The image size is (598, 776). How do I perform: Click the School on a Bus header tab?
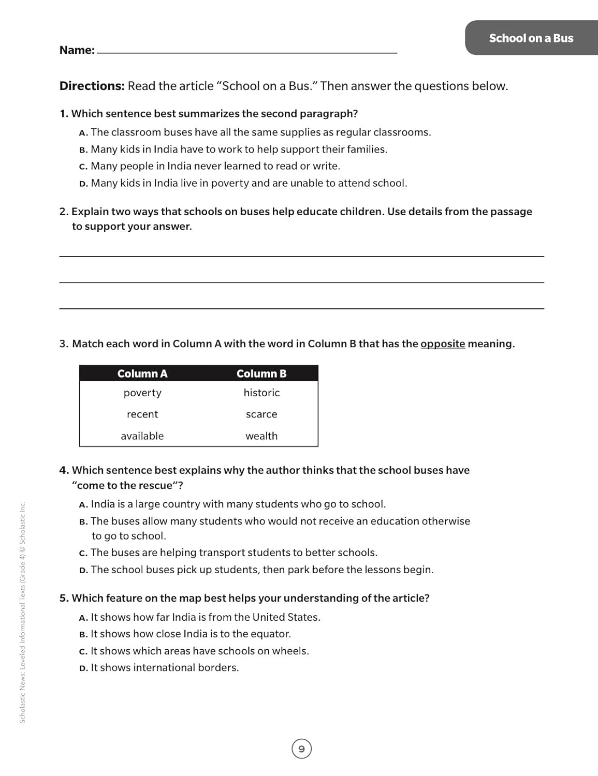coord(531,38)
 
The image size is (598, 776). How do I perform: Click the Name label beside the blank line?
coord(77,50)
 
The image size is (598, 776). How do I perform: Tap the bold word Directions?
coord(92,86)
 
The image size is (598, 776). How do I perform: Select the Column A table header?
coord(142,374)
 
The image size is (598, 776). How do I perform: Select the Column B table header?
coord(261,374)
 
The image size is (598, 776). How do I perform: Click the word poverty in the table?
coord(142,393)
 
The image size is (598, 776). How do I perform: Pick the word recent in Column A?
coord(142,414)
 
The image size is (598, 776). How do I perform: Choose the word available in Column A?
coord(142,436)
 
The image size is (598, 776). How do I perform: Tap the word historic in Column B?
coord(261,393)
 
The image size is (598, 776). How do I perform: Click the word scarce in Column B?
coord(261,414)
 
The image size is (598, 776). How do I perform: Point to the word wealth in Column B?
coord(261,436)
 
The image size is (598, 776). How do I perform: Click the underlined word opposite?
coord(443,344)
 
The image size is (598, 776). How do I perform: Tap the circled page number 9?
coord(302,749)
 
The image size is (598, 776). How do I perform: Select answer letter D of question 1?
coord(83,184)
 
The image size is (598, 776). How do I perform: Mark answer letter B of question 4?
coord(83,521)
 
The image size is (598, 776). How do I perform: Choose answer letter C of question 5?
coord(83,651)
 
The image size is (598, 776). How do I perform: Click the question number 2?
coord(64,212)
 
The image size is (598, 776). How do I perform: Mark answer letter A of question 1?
coord(83,133)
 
